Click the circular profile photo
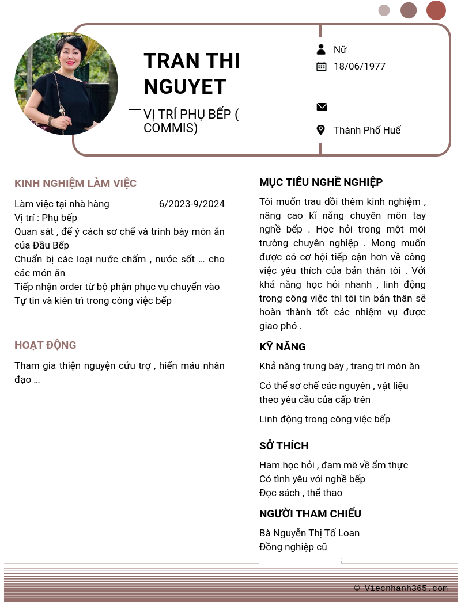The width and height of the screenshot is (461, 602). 66,83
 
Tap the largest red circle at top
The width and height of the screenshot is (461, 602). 436,10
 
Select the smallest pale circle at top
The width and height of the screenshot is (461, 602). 384,10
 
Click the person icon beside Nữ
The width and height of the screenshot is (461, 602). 321,49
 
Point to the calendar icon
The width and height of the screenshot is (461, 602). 322,66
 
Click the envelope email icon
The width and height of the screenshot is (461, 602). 322,106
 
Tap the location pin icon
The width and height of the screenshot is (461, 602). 321,130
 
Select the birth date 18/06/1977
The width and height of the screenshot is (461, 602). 360,66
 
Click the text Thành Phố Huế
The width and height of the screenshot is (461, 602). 367,130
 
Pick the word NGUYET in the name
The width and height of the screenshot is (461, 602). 184,87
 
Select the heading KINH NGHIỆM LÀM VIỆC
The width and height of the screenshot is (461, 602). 75,184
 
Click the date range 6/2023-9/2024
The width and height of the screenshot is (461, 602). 192,204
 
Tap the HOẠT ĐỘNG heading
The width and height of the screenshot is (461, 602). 46,345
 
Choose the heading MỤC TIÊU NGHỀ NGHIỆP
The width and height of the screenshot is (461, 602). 321,182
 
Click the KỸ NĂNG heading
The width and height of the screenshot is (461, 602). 282,347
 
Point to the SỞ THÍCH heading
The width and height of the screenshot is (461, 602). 284,446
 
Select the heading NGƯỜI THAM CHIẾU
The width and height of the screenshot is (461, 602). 310,514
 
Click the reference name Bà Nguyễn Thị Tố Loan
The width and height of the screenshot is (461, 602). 309,533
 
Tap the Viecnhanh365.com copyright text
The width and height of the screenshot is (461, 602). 401,588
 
